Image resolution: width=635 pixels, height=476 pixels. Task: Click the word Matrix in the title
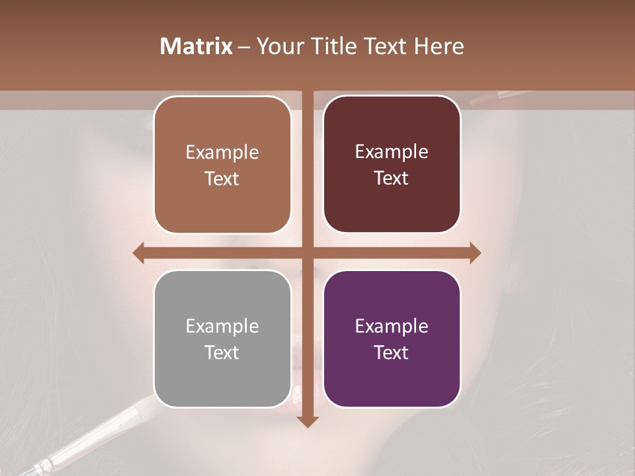[196, 46]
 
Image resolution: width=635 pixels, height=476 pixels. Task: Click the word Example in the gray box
[222, 326]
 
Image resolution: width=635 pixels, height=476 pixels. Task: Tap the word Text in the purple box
[392, 352]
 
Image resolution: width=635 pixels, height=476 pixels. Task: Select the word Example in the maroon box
[392, 151]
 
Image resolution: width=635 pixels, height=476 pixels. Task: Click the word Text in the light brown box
[222, 178]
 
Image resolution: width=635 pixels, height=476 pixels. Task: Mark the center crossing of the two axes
[308, 253]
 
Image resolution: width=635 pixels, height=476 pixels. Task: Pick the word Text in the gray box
[222, 352]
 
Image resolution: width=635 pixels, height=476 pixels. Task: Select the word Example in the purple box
[392, 326]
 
